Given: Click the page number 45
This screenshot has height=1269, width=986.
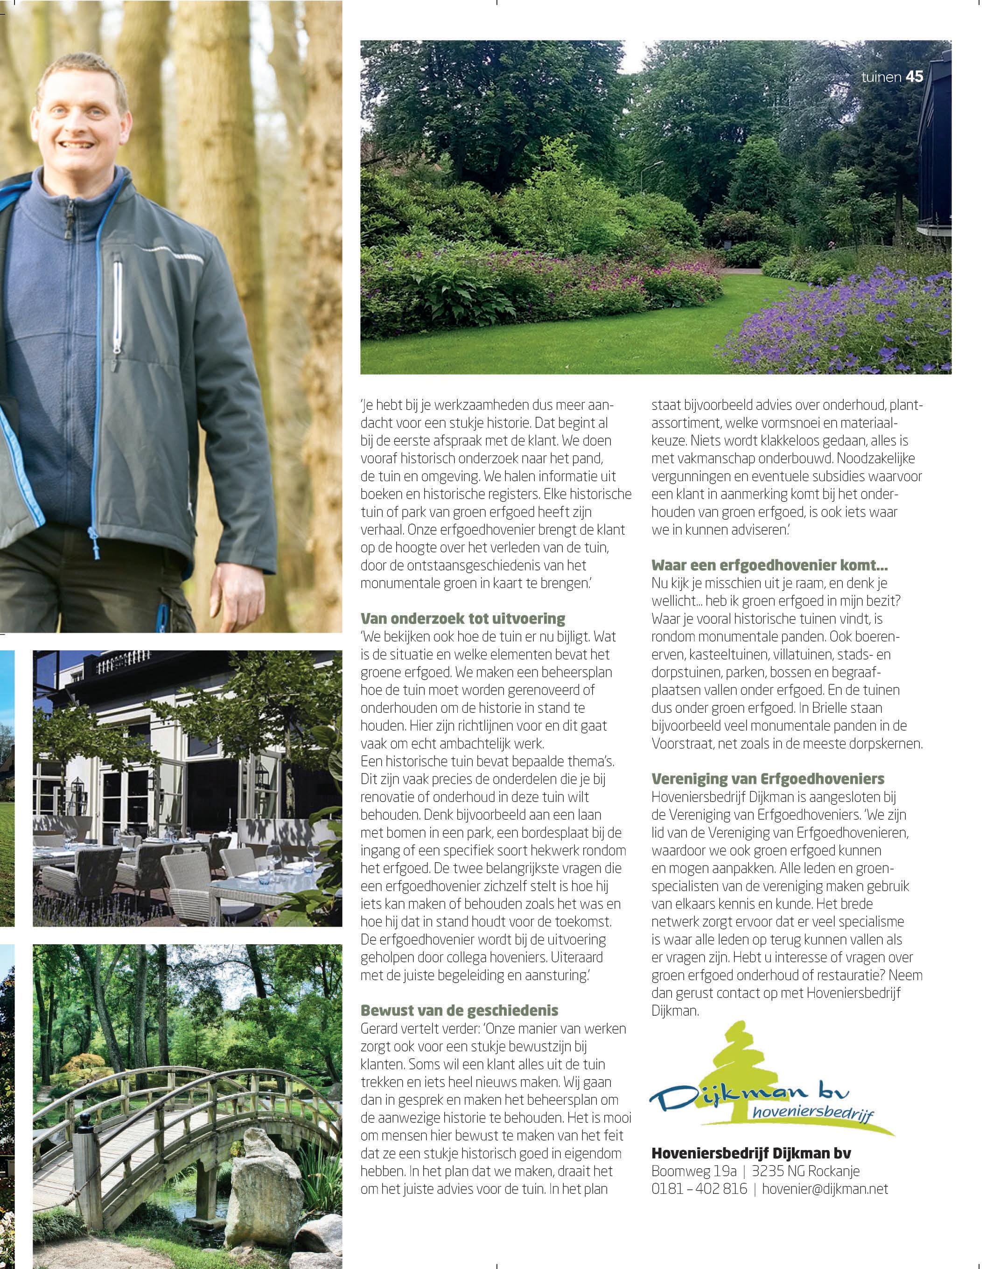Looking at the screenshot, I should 914,77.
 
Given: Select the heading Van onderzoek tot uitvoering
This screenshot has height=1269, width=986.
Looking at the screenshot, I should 462,618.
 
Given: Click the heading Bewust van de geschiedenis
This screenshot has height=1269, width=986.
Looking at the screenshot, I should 459,1010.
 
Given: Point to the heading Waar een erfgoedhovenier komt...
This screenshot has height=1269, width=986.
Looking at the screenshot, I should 769,565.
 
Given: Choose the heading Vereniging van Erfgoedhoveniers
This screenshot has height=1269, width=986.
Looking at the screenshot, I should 768,779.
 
